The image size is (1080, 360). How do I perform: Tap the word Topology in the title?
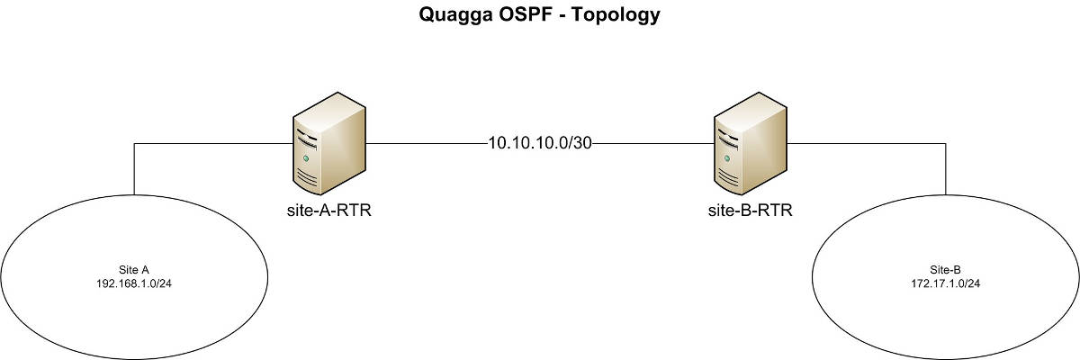[x=616, y=15]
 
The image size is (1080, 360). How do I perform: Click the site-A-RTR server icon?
[x=329, y=144]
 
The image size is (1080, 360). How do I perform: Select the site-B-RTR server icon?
[x=751, y=144]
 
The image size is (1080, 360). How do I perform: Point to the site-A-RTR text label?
[x=329, y=211]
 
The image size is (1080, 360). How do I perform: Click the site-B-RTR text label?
[x=751, y=211]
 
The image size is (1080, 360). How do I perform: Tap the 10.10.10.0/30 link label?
[x=540, y=143]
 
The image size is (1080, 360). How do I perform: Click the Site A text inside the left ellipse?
[x=134, y=270]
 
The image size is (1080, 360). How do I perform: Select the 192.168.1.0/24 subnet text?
[x=134, y=283]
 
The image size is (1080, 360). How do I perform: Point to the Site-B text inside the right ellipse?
[x=946, y=270]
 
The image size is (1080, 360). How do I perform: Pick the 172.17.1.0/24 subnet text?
[x=946, y=283]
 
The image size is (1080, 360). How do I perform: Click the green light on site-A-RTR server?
[x=306, y=158]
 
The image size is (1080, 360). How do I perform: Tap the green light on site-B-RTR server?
[x=726, y=158]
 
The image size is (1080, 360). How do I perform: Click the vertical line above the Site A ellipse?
[x=134, y=169]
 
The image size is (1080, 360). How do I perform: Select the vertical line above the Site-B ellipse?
[x=946, y=169]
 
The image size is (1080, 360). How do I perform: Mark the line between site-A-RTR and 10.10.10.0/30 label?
[x=427, y=143]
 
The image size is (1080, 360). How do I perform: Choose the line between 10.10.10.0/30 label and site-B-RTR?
[x=653, y=143]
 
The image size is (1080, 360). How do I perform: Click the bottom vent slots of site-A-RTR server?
[x=307, y=179]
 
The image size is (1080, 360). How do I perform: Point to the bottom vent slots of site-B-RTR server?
[x=727, y=179]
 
